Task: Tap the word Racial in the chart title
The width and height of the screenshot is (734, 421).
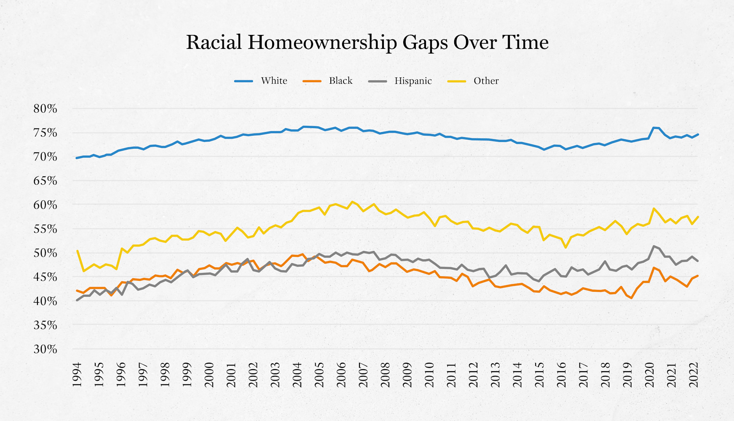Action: [214, 43]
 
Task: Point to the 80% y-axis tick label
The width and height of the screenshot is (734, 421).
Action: [45, 109]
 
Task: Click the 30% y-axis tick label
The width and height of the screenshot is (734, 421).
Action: [45, 349]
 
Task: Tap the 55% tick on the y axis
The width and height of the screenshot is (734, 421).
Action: [45, 229]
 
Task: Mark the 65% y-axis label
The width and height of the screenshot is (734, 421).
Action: [45, 181]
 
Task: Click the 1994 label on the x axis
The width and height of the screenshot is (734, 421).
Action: [77, 374]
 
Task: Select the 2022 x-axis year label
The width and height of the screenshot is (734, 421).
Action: [694, 374]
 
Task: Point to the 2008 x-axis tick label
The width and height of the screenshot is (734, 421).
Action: [385, 374]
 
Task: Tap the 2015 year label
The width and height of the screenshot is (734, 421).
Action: [539, 374]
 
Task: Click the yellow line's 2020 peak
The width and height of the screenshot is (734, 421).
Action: [654, 208]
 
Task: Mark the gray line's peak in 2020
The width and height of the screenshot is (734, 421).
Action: [654, 246]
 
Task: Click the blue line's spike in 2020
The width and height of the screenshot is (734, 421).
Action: [654, 128]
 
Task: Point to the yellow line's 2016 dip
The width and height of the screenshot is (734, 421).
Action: [565, 247]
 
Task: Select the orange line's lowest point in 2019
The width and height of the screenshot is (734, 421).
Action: [632, 298]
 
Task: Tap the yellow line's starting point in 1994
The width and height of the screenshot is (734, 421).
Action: [77, 251]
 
